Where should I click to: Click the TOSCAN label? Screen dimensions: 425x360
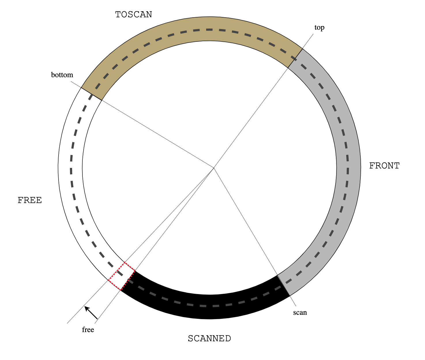133,15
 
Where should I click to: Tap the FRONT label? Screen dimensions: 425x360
384,166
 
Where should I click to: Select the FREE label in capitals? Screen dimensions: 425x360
30,200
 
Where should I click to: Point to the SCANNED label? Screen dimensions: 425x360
209,339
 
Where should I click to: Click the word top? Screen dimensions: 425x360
319,28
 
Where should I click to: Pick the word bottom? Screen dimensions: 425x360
62,75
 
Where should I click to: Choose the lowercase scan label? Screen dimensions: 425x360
300,312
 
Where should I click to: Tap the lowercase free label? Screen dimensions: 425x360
88,330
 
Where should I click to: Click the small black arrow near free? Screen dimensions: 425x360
91,313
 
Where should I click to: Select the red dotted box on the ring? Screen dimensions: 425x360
122,276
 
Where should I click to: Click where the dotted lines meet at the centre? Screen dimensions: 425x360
214,168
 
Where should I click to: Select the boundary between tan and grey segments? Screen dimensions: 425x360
295,58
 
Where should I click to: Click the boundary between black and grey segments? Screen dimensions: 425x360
283,286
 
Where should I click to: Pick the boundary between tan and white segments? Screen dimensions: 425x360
91,94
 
